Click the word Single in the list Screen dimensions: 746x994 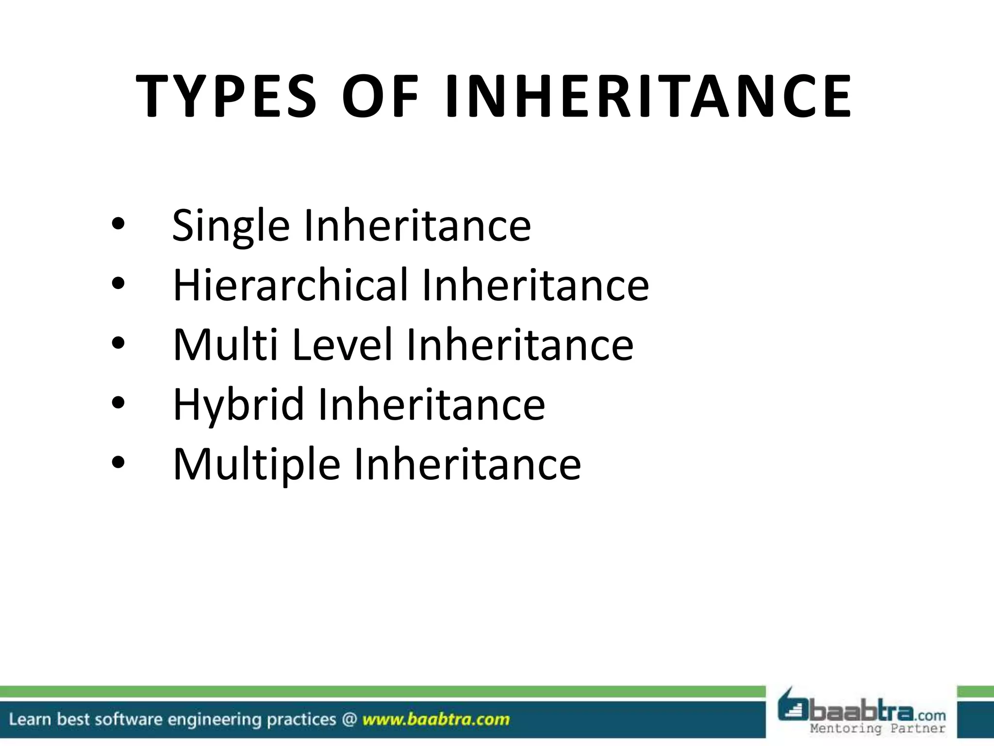point(231,226)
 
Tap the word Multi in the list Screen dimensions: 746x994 point(225,344)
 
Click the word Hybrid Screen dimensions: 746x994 point(238,405)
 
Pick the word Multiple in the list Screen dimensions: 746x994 point(256,464)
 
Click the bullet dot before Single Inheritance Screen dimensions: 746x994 point(118,224)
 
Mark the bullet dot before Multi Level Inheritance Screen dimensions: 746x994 point(118,343)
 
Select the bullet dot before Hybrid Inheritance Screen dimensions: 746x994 point(118,403)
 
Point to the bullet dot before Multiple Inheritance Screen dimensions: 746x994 point(118,462)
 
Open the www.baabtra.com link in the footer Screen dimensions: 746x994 point(436,719)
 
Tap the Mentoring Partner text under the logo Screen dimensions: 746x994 point(878,729)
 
